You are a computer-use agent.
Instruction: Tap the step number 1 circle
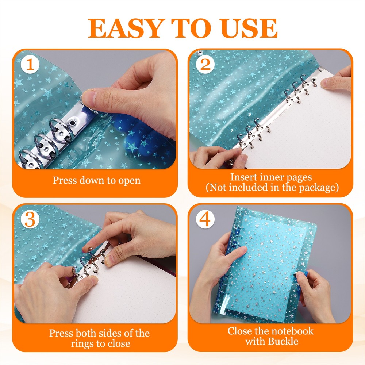click(x=31, y=66)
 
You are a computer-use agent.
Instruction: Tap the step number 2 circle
click(x=205, y=66)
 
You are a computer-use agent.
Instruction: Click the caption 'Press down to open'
click(x=96, y=180)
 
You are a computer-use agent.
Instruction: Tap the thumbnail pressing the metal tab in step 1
click(x=89, y=98)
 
